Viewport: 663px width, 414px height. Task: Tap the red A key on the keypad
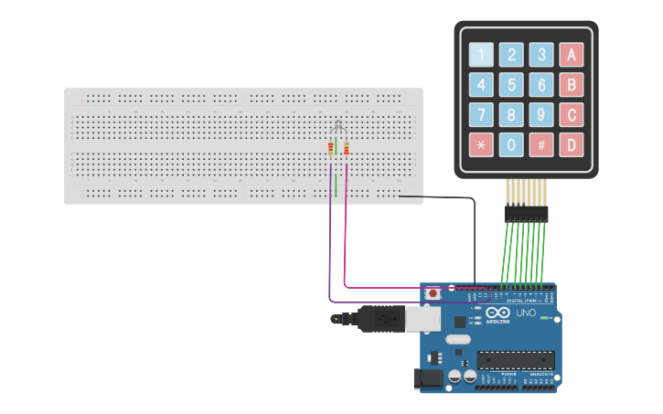click(572, 55)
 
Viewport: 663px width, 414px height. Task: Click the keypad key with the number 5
click(512, 85)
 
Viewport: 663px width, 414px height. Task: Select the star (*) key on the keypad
click(481, 144)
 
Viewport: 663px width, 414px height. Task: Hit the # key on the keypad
click(541, 144)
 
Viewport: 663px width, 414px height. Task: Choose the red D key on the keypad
click(572, 144)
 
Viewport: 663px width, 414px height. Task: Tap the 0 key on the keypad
click(512, 144)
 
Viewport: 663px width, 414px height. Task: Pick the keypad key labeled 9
click(541, 115)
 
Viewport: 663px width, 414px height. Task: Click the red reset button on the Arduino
click(433, 293)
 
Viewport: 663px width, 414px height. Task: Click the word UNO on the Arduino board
click(526, 313)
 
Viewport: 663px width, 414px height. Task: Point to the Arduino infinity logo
click(497, 313)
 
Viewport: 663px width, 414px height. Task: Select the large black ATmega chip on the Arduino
click(515, 362)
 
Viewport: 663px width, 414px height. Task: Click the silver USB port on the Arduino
click(422, 318)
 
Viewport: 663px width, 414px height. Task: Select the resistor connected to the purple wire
click(331, 148)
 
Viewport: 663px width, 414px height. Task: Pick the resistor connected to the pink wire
click(347, 148)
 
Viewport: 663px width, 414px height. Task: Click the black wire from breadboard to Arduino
click(475, 238)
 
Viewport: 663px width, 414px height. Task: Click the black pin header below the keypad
click(525, 213)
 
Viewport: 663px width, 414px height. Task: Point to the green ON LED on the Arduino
click(545, 318)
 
